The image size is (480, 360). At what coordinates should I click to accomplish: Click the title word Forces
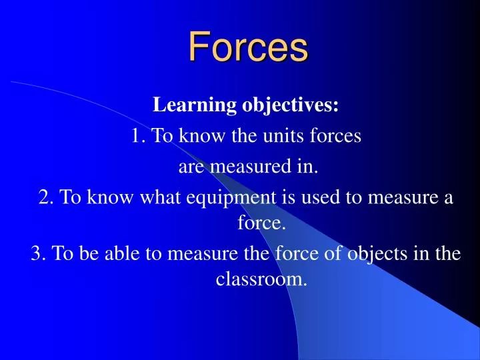coord(247,47)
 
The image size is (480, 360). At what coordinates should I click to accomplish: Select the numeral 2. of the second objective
coord(46,198)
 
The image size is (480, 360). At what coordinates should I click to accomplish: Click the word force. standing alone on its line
coord(262,223)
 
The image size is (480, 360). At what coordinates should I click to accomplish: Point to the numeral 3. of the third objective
coord(38,254)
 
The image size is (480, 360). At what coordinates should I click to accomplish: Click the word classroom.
coord(262,279)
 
